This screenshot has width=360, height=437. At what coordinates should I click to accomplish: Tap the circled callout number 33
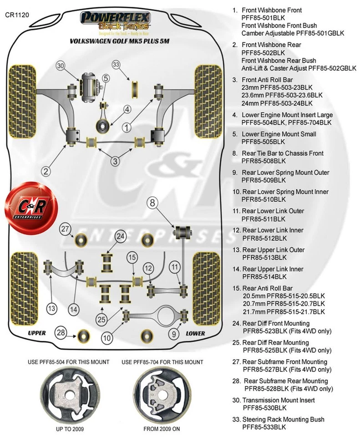[x=117, y=65]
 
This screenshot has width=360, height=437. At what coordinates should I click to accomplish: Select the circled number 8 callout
[x=153, y=203]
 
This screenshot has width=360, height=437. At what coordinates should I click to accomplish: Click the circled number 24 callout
[x=120, y=236]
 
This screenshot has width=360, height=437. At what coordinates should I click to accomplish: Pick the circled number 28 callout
[x=61, y=332]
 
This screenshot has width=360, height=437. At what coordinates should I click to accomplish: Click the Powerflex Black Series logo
[x=116, y=22]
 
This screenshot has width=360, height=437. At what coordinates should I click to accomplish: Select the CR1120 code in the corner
[x=17, y=15]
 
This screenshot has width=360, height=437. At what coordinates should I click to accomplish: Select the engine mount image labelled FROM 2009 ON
[x=162, y=392]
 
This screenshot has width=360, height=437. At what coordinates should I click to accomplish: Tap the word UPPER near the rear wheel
[x=37, y=333]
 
